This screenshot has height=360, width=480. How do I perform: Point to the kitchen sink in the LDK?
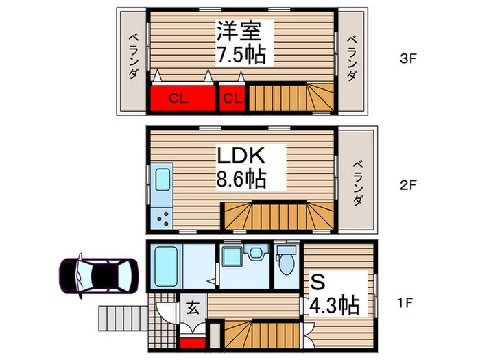point(163,180)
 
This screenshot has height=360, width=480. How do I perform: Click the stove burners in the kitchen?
point(165,219)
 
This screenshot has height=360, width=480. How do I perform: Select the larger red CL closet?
point(180,97)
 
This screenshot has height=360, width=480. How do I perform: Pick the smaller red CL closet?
point(232,97)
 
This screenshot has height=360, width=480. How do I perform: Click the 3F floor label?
point(408,58)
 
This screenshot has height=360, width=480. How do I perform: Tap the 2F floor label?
point(408,185)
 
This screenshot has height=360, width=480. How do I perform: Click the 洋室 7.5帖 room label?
point(241,43)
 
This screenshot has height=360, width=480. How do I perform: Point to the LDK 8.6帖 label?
point(241,167)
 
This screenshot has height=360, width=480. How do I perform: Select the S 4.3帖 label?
point(334,293)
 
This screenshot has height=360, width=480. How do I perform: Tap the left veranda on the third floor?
point(132,60)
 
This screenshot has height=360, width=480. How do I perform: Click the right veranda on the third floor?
point(352,60)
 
